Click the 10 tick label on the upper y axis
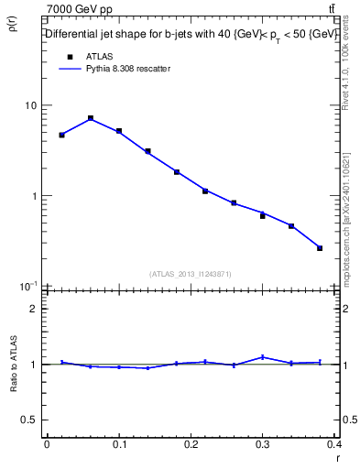point(31,105)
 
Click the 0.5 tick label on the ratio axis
point(29,420)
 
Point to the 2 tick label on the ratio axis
point(34,309)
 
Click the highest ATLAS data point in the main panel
point(91,118)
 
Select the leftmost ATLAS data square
point(61,135)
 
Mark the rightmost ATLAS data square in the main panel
point(320,247)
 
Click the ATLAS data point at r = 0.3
point(263,216)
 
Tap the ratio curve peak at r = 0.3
point(263,357)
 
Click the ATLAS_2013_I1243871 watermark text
point(191,274)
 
